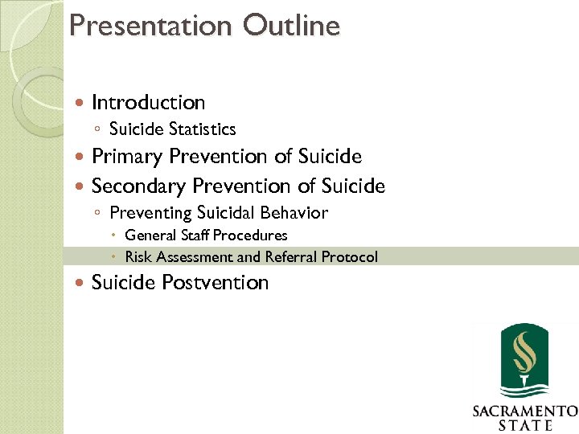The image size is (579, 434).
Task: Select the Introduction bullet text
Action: [x=149, y=103]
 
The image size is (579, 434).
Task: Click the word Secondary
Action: [x=139, y=186]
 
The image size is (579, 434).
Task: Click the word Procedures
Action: [x=250, y=235]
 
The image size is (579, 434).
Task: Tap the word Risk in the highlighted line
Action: [x=138, y=257]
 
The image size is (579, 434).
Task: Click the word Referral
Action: [x=291, y=257]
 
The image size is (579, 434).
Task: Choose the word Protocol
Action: [x=350, y=257]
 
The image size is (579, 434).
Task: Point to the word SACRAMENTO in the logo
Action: [x=524, y=411]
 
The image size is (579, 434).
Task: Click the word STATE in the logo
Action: [x=524, y=425]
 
